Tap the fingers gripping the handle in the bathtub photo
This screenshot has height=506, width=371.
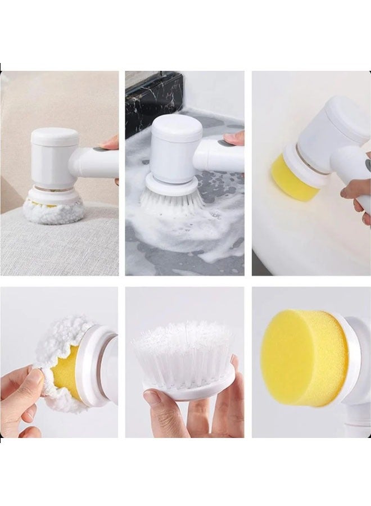click(355, 189)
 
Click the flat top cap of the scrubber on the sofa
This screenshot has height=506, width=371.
click(55, 135)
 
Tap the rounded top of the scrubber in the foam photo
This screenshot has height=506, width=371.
click(177, 126)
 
